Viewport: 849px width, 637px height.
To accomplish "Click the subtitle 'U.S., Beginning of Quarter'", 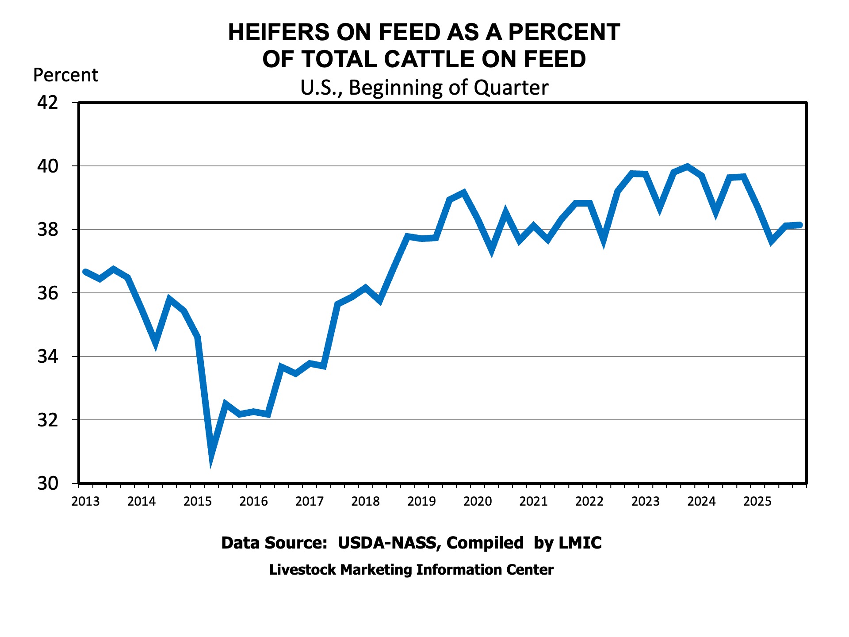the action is coord(424,88).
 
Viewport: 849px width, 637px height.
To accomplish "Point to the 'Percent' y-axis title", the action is coord(65,76).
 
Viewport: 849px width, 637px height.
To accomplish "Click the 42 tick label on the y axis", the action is coord(48,103).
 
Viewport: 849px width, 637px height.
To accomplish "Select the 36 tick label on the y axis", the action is coord(48,293).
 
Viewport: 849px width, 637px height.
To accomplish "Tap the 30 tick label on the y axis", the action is coord(48,484).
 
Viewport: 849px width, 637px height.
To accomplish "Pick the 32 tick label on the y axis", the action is coord(48,420).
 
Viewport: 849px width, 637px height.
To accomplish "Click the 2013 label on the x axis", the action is coord(85,502).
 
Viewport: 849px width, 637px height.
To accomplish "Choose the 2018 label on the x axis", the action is coord(365,502).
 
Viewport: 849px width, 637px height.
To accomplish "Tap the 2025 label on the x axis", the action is coord(757,502).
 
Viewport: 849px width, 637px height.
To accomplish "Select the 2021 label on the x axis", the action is coord(533,502).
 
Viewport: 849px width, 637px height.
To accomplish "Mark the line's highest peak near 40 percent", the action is coord(687,166).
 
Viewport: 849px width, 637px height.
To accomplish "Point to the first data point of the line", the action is coord(85,272).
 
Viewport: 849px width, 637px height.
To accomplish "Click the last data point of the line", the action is coord(799,225).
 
